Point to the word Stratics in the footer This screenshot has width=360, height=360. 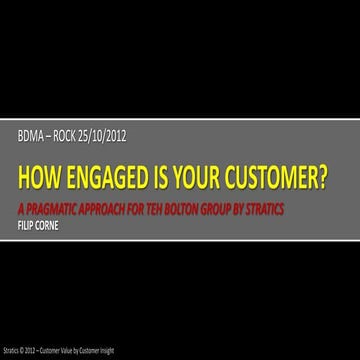click(10, 351)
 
